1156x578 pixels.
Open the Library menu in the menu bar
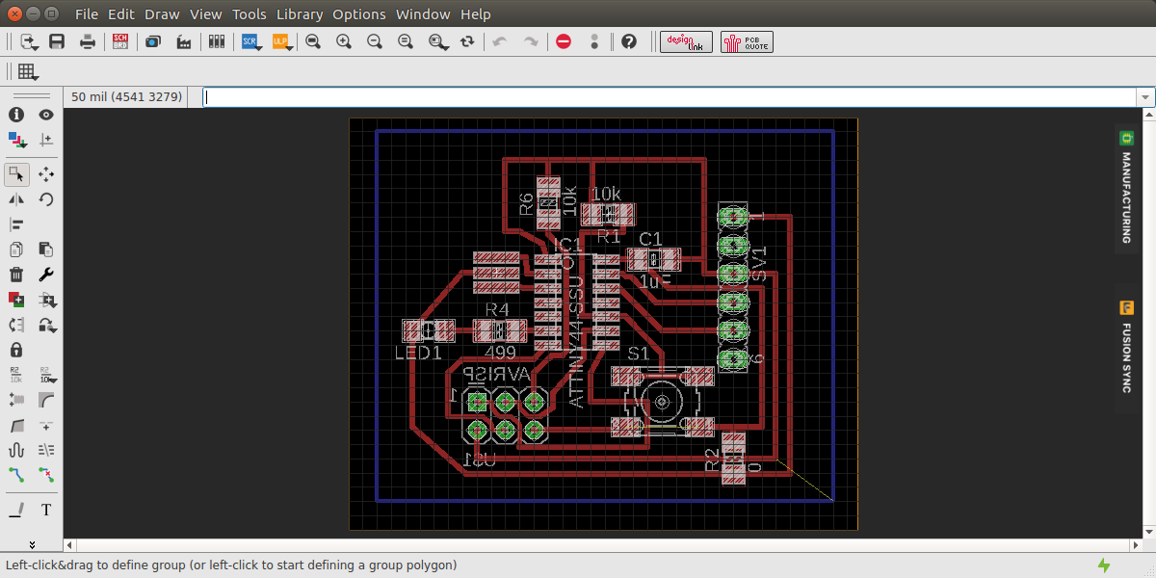[300, 14]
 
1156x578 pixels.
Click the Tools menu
[249, 14]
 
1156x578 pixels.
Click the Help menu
[475, 14]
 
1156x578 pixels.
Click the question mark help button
[629, 41]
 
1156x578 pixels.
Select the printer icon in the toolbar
[88, 41]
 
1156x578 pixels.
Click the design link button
[686, 41]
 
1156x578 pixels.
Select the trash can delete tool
[16, 275]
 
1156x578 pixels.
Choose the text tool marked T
[46, 510]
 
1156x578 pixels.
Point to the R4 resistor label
[496, 310]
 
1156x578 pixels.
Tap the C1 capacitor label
[651, 239]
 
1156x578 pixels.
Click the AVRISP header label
[497, 374]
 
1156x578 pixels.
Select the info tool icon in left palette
[16, 115]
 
